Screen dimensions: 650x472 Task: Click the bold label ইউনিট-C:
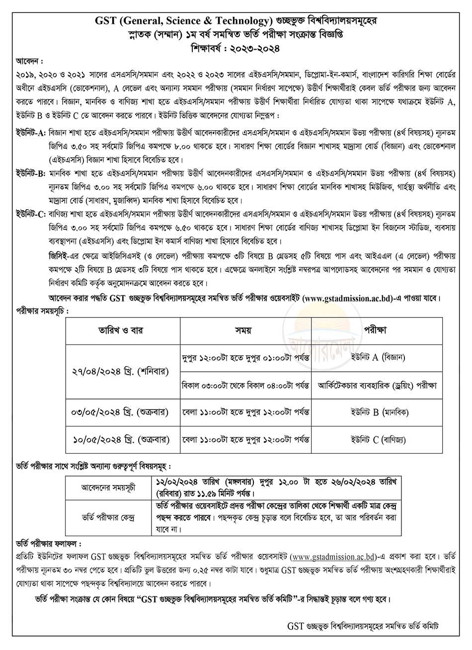[x=30, y=213]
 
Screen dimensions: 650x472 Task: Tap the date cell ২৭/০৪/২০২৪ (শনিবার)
[x=123, y=370]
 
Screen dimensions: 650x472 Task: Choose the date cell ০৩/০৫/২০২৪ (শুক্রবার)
[x=123, y=411]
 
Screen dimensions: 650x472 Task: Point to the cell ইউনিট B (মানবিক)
[x=376, y=411]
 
